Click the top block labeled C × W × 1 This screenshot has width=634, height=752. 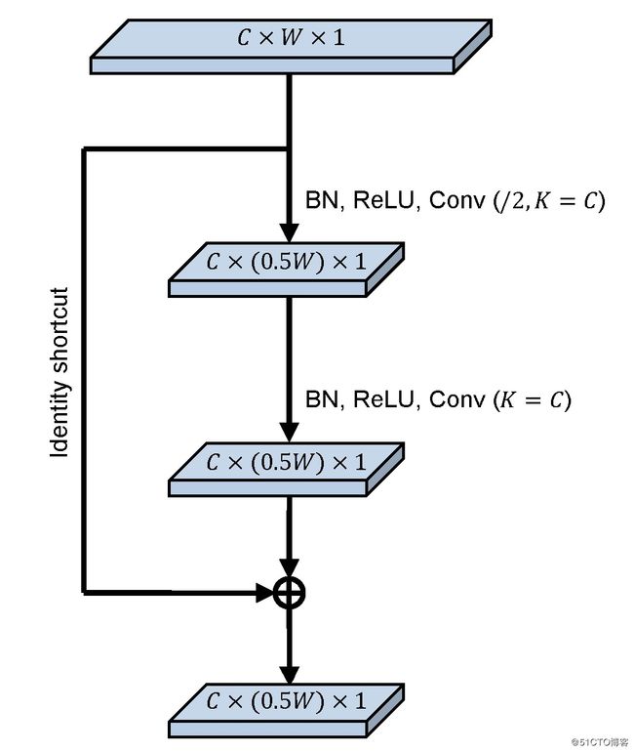pos(291,47)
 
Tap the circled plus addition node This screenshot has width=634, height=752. pos(290,593)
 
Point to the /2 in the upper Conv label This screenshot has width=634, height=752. pos(512,200)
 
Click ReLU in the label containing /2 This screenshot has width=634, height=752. pos(382,199)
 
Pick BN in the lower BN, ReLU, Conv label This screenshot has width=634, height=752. pos(322,399)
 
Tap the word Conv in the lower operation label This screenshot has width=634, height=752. pos(456,399)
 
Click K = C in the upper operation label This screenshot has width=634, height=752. pos(566,200)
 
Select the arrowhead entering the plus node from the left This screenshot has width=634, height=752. pos(265,593)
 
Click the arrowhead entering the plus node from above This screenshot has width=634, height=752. pos(290,567)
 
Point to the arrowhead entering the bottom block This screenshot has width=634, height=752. pos(290,675)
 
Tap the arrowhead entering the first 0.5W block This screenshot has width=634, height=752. pos(289,233)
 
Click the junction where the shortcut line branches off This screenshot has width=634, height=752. pos(289,149)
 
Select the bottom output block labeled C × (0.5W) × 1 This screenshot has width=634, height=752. pos(287,710)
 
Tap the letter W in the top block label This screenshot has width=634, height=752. pos(291,37)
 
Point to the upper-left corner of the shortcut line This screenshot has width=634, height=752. pos(84,149)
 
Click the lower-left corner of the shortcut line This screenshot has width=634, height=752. pos(84,593)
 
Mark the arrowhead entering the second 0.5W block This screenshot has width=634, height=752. pos(289,433)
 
